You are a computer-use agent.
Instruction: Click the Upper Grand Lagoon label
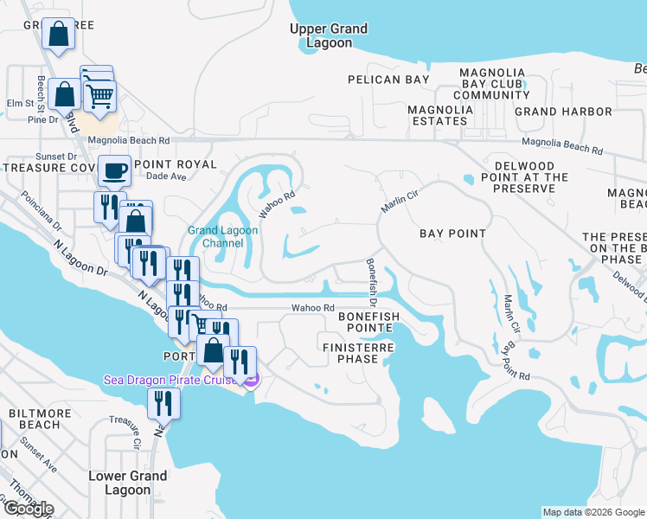click(328, 35)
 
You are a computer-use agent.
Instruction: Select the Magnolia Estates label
click(440, 115)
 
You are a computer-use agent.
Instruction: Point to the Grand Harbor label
click(563, 112)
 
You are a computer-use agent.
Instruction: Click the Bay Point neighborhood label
click(452, 234)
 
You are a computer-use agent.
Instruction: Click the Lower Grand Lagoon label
click(129, 483)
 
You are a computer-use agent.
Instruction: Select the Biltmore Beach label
click(35, 419)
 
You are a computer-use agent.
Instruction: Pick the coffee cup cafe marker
click(114, 171)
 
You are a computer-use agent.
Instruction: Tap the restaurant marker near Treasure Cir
click(162, 402)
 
